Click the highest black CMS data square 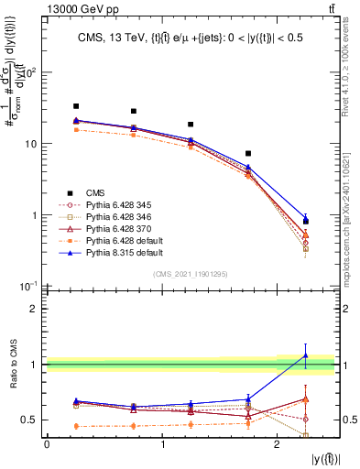coord(76,106)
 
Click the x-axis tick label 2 coord(278,445)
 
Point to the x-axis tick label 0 coord(47,445)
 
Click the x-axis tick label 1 coord(162,445)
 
